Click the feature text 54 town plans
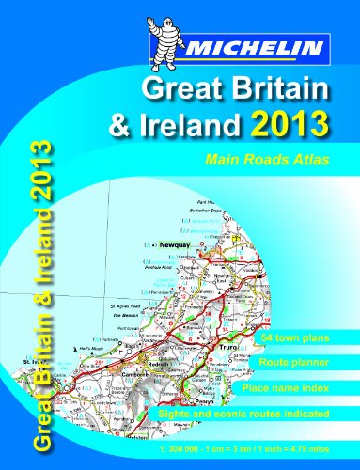point(302,336)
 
